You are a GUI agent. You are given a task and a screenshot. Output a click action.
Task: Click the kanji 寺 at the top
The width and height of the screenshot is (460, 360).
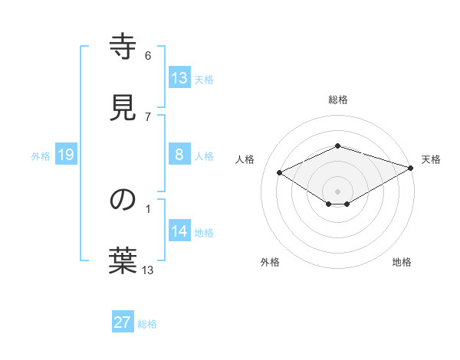[x=123, y=47]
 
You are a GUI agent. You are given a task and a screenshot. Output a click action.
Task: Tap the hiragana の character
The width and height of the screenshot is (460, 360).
[x=123, y=200]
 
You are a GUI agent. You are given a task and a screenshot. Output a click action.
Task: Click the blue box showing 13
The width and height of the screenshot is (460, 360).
[x=179, y=78]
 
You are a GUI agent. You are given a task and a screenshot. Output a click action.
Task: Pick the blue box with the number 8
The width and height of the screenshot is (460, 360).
[x=179, y=155]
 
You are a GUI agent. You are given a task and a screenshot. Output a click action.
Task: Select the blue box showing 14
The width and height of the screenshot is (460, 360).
[x=179, y=231]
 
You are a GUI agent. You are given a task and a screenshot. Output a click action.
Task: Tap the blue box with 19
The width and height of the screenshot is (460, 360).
[x=66, y=155]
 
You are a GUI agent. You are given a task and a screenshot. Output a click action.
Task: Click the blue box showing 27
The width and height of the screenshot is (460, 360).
[x=123, y=322]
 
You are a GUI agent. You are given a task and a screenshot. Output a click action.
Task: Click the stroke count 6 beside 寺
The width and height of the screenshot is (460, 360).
[x=148, y=56]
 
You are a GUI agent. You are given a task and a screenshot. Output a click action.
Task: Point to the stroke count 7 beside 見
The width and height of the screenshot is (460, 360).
[x=148, y=116]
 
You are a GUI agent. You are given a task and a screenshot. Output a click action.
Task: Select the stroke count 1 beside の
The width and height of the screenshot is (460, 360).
[x=148, y=208]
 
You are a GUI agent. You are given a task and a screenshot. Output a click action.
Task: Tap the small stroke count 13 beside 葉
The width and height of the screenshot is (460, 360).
[x=148, y=270]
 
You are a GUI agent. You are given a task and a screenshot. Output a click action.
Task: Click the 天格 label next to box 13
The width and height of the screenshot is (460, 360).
[x=203, y=79]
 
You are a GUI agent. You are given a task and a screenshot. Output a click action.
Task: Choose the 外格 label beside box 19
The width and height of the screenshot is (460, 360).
[x=41, y=155]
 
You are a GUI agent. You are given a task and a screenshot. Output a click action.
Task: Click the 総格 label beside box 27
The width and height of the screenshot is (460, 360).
[x=147, y=323]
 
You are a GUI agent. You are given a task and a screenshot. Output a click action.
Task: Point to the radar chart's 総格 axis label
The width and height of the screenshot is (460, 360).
[x=337, y=100]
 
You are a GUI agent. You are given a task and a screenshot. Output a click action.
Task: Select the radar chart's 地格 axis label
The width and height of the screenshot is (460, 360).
[x=402, y=262]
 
